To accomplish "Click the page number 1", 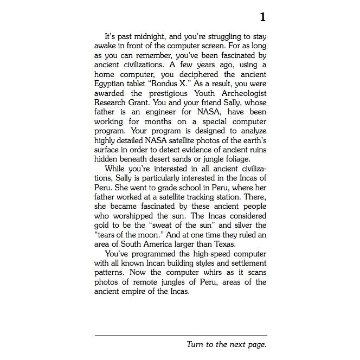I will [262, 17].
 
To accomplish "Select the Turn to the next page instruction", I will [227, 344].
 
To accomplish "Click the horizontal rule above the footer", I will [181, 336].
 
